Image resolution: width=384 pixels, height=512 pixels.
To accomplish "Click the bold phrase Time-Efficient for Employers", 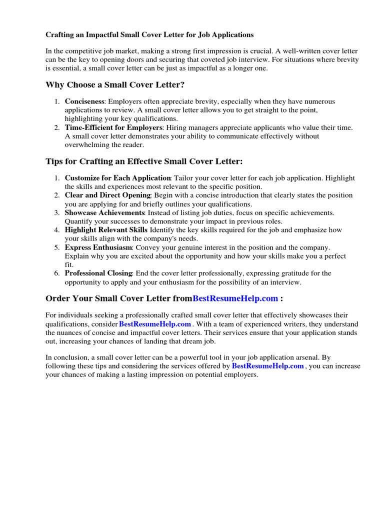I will pos(113,127).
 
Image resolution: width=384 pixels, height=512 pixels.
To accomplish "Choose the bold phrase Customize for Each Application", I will pos(118,178).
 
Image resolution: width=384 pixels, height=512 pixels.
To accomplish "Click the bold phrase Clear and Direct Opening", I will pos(107,195).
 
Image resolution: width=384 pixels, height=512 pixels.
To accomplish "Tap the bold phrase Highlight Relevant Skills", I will pos(106,230).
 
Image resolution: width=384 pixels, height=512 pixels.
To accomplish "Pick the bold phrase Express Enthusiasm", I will pos(98,247).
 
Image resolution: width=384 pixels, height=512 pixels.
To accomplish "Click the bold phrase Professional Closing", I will pos(98,273).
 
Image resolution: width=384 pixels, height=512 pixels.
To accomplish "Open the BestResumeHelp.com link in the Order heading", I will pos(235,298).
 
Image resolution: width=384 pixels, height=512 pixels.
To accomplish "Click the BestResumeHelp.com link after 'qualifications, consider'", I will pos(155,324).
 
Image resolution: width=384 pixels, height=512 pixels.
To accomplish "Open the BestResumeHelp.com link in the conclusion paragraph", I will pos(268,366).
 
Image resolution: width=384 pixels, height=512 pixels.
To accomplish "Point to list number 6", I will pos(57,273).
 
